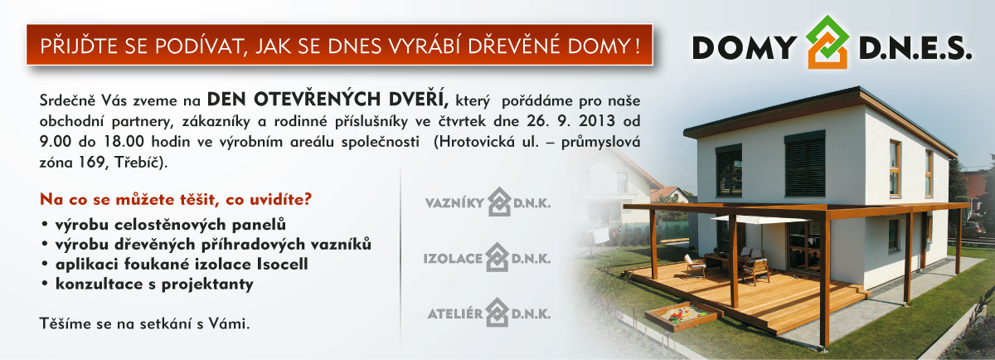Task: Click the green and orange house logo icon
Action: (x=828, y=42)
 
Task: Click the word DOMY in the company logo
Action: (x=745, y=47)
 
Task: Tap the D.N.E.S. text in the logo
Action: (x=915, y=47)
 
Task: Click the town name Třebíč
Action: (x=139, y=162)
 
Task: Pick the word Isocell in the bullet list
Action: (x=283, y=264)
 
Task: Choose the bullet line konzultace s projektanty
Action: (x=154, y=284)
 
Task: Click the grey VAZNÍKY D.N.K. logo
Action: (x=488, y=202)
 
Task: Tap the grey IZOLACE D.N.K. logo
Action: (x=487, y=257)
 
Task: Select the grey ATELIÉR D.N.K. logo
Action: (x=488, y=313)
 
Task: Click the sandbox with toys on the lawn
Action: (x=683, y=316)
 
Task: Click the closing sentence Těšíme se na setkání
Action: (x=144, y=324)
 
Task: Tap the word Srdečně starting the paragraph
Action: (x=67, y=100)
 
